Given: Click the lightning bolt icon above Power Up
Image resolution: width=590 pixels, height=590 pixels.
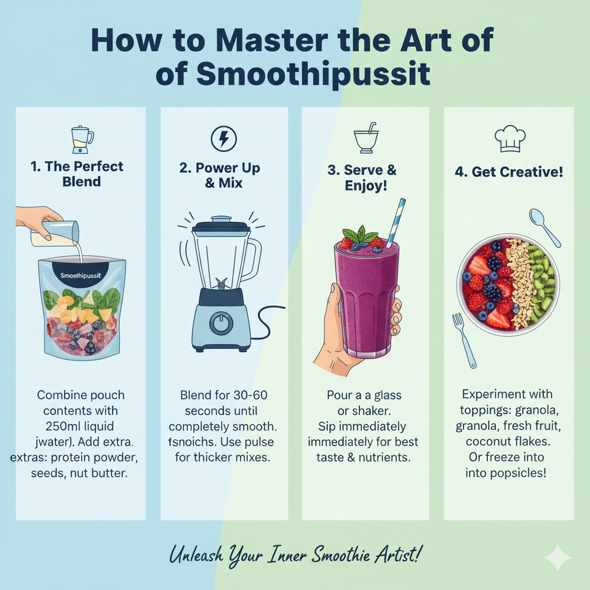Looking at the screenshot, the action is coord(224,139).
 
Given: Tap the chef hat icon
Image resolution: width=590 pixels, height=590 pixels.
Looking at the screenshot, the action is coord(510,139).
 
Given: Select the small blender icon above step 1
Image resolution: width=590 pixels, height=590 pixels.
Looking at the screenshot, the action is coord(82,139).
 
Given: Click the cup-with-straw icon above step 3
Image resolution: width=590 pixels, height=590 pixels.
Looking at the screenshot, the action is coord(366,138).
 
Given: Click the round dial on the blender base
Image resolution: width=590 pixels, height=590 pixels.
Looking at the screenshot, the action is coord(221,323).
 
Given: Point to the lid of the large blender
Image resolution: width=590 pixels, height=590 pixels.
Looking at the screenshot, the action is coord(221,225).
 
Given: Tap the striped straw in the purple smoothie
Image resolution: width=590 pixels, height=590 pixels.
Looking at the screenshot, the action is coord(396,222).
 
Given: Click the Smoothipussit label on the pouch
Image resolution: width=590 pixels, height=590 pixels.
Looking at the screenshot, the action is coord(81,276).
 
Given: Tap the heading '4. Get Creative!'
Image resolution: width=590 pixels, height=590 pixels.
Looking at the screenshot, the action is coord(509,172).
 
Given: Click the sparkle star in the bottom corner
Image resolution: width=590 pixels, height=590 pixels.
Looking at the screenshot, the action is coord(558,558).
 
